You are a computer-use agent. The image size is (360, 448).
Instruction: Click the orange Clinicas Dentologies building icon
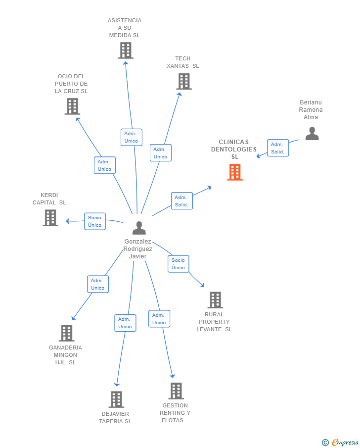pos(235,172)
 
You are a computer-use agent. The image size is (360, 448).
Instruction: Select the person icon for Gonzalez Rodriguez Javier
pos(139,228)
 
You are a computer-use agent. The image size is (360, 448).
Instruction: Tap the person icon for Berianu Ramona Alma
pos(312,133)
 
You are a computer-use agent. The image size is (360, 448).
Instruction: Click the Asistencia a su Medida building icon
pos(126,50)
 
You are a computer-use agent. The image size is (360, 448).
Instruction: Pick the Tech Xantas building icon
pos(183,81)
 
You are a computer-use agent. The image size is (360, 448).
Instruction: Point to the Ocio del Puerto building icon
pos(72,106)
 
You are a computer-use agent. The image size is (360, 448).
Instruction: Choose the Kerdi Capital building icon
pos(50,218)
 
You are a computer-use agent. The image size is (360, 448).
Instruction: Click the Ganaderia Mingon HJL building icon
pos(66,333)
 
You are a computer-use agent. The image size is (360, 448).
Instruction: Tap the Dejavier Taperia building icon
pos(116,399)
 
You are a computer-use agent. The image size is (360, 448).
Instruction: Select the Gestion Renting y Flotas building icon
pos(176,391)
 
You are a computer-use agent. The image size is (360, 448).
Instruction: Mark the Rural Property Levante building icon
pos(215,299)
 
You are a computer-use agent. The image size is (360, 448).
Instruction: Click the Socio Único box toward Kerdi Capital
pos(94,221)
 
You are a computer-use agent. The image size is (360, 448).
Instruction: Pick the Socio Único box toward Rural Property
pos(178,264)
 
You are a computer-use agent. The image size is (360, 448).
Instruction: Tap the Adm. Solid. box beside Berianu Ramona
pos(278,148)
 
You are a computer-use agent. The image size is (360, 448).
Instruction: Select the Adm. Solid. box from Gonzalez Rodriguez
pos(181,201)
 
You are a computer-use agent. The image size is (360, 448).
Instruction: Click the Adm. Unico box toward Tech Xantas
pos(160,153)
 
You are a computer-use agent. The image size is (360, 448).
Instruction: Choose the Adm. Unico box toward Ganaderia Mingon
pos(98,284)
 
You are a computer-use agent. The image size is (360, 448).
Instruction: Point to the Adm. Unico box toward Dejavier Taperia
pos(125,323)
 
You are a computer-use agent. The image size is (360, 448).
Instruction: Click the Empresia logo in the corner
pos(340,442)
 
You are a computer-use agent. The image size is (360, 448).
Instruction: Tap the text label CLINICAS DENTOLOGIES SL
pos(234,149)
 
